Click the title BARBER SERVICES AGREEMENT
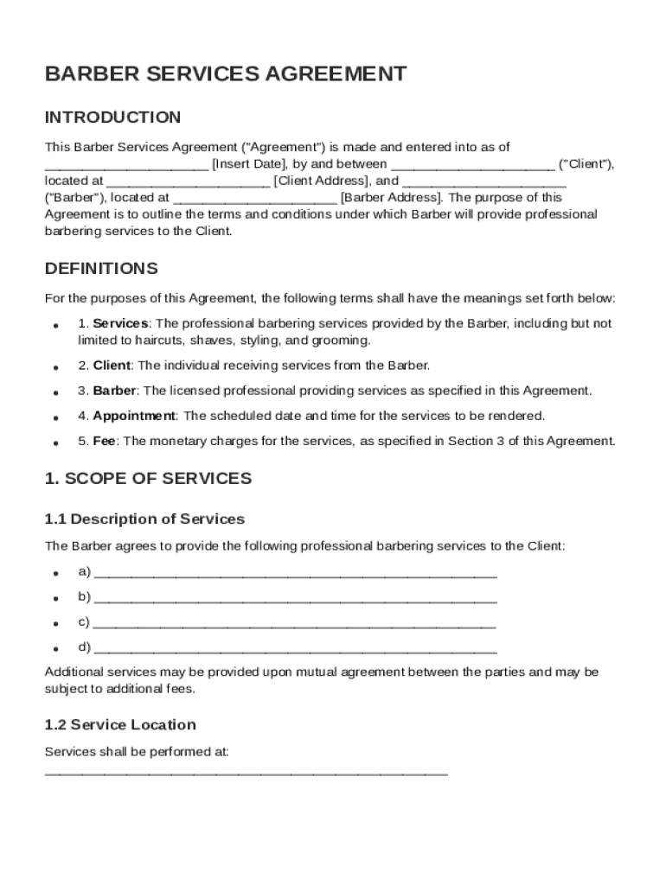225,74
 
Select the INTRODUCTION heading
112,118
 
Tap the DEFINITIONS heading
101,268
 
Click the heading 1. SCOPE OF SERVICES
148,479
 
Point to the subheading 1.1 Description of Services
144,519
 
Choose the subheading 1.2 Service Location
120,724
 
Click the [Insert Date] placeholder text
250,164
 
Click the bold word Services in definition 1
120,323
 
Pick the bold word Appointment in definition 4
134,416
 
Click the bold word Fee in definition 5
105,441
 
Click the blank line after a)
295,574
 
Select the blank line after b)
295,599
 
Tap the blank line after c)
294,624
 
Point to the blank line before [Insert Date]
126,167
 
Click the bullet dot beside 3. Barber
55,392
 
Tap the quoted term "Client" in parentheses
586,164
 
